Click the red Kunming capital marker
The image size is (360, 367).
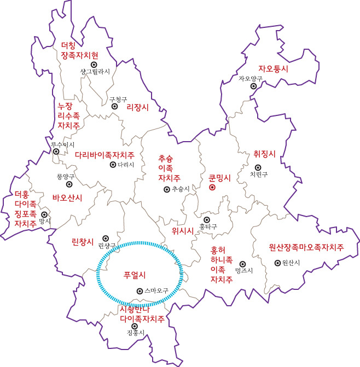(x=212, y=187)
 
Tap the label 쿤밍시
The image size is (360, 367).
(x=220, y=177)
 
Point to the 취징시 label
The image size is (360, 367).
(x=264, y=154)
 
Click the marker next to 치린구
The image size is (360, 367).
(x=258, y=167)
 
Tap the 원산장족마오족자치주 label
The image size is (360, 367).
(x=306, y=247)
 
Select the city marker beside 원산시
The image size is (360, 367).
(x=277, y=263)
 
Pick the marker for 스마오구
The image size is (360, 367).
(x=140, y=291)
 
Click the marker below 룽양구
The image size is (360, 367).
(x=69, y=184)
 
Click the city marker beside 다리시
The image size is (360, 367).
(x=113, y=164)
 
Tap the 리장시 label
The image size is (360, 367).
(x=137, y=107)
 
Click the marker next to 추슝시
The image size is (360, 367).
(x=166, y=189)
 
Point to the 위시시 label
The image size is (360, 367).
(x=183, y=230)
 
